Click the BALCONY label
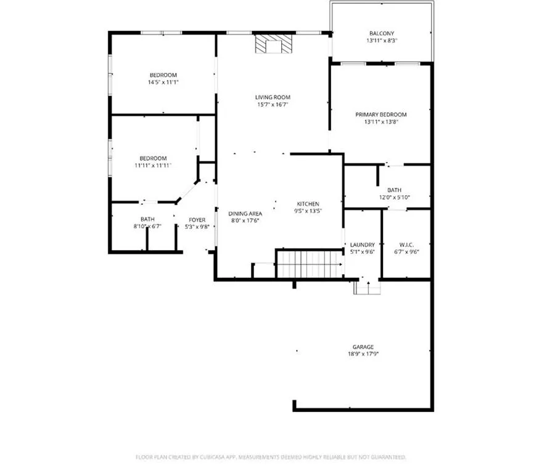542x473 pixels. (382, 33)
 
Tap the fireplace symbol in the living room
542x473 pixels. (273, 44)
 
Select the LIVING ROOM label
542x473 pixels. (273, 97)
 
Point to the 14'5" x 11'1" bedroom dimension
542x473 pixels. (163, 82)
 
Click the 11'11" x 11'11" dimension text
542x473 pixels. (153, 166)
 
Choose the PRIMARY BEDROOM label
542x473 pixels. (381, 115)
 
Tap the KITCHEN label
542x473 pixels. (308, 204)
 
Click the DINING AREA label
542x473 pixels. (245, 214)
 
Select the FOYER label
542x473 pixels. (197, 220)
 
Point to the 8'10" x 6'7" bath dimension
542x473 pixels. (147, 227)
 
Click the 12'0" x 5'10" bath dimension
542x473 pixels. (395, 198)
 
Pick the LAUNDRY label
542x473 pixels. (362, 245)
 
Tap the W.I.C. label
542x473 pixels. (406, 245)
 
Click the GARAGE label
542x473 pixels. (363, 347)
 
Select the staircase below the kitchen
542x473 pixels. (310, 264)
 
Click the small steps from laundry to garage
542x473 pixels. (367, 287)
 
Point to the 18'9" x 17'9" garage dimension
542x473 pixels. (363, 354)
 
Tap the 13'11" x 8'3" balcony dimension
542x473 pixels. (382, 41)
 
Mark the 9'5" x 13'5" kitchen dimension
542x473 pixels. (308, 211)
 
